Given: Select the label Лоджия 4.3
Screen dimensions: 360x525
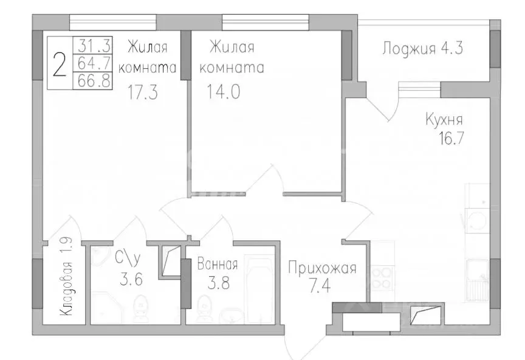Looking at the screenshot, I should point(423,48).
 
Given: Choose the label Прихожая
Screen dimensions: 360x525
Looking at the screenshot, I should point(321,269).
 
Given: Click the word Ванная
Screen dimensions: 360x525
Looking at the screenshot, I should point(217,265).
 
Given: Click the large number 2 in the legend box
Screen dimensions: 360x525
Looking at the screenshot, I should point(59,64).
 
